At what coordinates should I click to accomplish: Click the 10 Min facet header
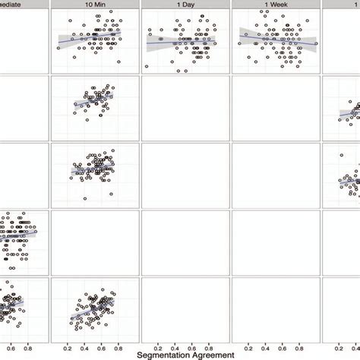[x=95, y=5]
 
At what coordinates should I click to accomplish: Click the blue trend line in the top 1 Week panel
[x=277, y=39]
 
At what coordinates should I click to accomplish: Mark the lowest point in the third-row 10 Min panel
[x=84, y=199]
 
